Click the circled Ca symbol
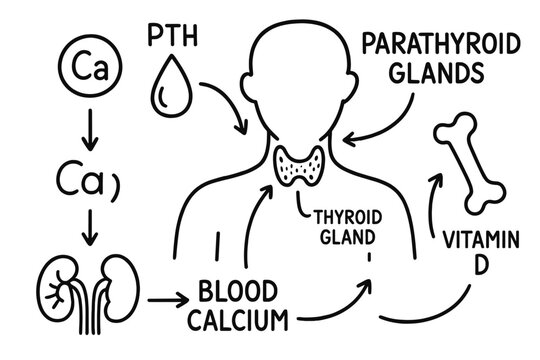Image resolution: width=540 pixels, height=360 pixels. pos(85,69)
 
